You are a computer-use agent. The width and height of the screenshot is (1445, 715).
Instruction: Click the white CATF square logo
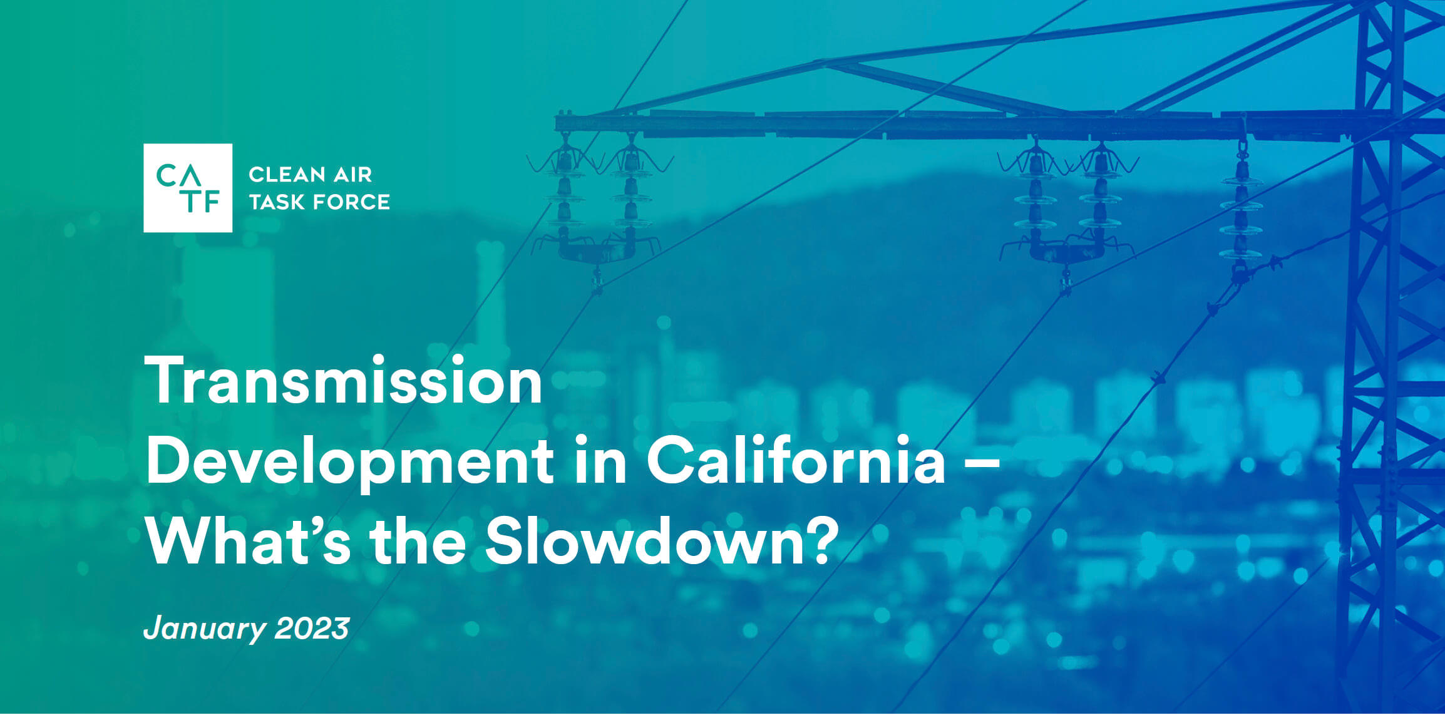pos(188,188)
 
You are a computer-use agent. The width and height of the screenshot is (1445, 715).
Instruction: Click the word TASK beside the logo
pos(276,202)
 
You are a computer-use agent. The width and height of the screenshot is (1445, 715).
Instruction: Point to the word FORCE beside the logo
pos(351,202)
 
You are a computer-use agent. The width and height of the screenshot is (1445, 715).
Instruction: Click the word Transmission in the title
pos(343,381)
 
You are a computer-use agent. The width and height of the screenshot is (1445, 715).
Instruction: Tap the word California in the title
pos(796,460)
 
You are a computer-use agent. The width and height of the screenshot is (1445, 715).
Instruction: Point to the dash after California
pos(982,463)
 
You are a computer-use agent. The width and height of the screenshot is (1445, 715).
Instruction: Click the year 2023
pos(312,628)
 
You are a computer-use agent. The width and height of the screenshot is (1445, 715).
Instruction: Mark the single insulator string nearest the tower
pos(1241,213)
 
